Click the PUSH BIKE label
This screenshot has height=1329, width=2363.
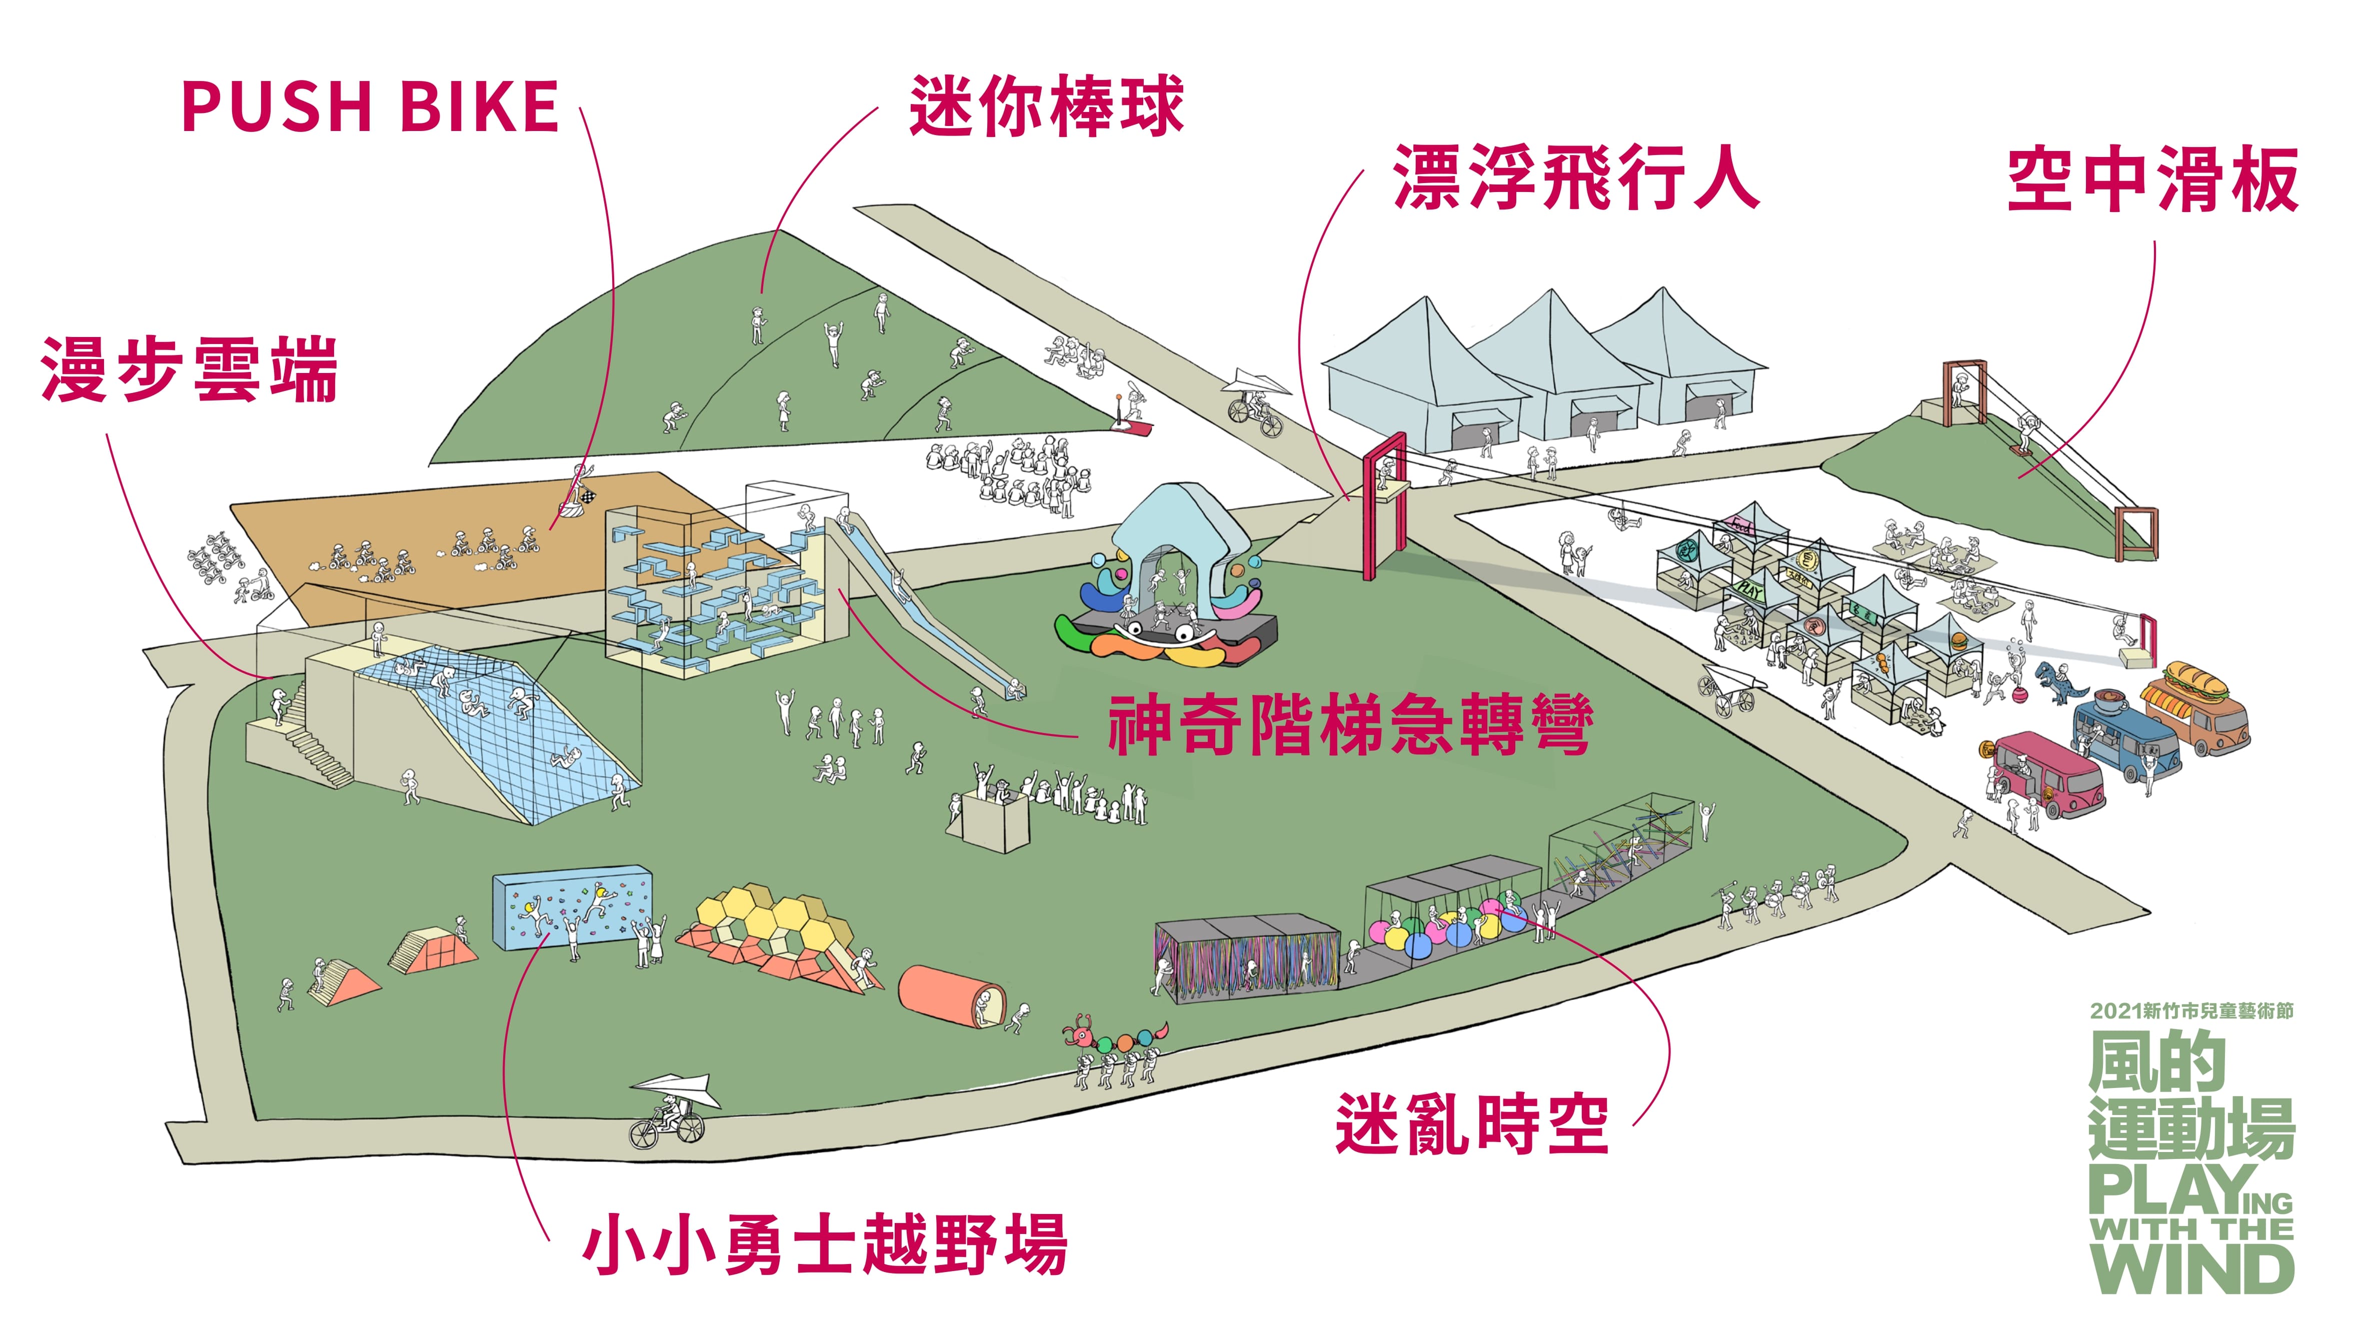(x=371, y=106)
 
